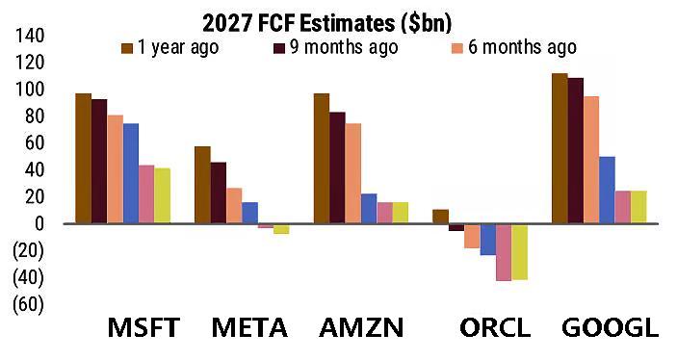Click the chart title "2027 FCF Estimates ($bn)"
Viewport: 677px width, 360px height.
(x=326, y=23)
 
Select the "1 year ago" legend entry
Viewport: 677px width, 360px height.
(x=170, y=47)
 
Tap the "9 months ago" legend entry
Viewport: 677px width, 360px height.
(x=336, y=47)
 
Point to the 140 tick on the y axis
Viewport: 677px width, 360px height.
(x=30, y=36)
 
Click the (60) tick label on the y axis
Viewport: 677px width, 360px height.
(x=29, y=304)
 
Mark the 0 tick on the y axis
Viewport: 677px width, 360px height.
(x=39, y=223)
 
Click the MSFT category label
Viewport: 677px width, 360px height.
(x=143, y=327)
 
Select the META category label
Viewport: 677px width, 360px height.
(x=249, y=327)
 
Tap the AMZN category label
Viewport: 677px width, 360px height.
(x=361, y=327)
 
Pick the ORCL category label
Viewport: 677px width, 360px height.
(x=495, y=327)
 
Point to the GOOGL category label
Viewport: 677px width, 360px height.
(x=611, y=327)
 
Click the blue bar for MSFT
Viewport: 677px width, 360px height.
(x=131, y=173)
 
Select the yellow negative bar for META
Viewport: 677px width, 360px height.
(x=281, y=229)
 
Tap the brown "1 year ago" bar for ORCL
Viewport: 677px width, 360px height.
(x=440, y=217)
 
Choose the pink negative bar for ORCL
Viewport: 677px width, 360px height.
(x=504, y=252)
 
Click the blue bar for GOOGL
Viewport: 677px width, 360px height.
(x=607, y=190)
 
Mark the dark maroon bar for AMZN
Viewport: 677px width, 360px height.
(x=337, y=167)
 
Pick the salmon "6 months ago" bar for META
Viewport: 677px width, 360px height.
(x=234, y=206)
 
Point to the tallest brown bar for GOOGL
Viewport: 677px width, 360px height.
(x=560, y=148)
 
